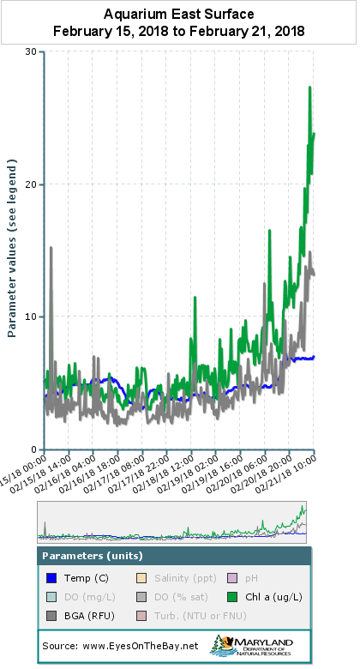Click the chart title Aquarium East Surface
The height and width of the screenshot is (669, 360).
pos(179,14)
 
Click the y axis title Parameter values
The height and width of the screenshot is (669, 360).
pos(13,249)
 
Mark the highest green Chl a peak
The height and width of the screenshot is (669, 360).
pos(309,87)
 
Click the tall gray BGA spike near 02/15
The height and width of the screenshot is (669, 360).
pos(51,248)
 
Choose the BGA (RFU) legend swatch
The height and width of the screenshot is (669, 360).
pos(52,616)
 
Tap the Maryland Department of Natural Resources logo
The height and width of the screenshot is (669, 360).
pos(257,645)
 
